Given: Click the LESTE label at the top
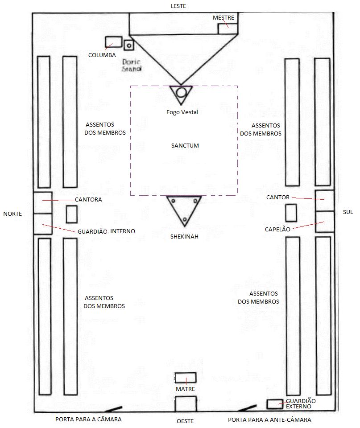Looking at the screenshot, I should [178, 6].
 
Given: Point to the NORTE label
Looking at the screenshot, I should [12, 214].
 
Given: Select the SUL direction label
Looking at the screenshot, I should [348, 212].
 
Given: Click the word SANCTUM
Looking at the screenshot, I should [185, 146].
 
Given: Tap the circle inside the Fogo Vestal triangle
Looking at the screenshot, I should [181, 92].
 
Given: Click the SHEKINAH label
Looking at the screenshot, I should [184, 236].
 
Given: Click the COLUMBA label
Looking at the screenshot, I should [102, 55].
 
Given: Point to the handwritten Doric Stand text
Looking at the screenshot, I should [132, 66].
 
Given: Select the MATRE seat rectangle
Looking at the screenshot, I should [185, 378].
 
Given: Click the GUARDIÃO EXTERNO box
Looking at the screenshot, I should [274, 404].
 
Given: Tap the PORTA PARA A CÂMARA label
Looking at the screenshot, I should [88, 420].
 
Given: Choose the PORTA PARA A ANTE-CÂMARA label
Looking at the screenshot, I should [269, 420].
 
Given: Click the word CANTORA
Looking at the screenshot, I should [88, 200].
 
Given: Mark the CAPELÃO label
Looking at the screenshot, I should [277, 229].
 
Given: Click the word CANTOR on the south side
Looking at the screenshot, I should [278, 197].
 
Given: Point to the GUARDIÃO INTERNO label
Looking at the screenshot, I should [106, 231].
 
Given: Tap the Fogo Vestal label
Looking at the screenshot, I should [182, 112].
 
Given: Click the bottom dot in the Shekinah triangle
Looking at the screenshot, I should [184, 218].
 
